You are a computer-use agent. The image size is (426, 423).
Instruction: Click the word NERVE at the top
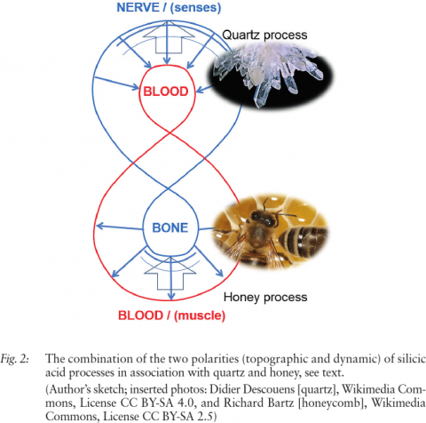click(138, 7)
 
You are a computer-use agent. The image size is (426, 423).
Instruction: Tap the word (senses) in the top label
click(195, 8)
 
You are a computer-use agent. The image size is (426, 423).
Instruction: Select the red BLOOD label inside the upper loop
click(166, 92)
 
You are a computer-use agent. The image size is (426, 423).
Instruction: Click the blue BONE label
click(170, 227)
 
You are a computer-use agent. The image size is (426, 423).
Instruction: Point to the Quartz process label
click(264, 35)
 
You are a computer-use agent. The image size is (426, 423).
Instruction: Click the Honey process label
click(265, 297)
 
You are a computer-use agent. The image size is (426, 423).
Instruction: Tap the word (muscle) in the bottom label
click(200, 315)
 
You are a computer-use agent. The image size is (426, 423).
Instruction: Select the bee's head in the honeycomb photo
click(263, 219)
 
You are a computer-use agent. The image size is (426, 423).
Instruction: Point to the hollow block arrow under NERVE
click(168, 37)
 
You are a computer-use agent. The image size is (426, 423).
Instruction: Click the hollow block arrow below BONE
click(170, 274)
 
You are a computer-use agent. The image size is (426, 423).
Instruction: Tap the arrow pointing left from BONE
click(119, 227)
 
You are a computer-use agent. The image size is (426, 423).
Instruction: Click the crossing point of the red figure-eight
click(170, 133)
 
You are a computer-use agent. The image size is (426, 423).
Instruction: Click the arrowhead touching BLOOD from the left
click(135, 87)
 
